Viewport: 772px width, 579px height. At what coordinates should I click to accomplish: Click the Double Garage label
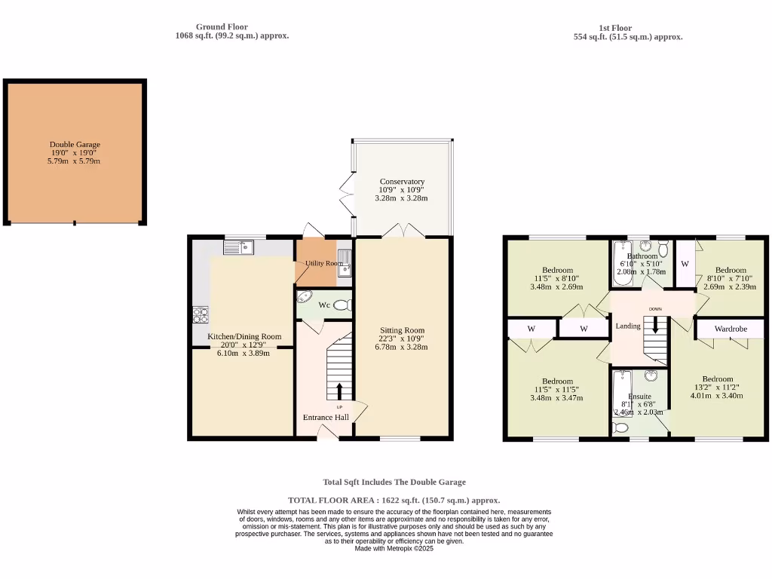point(75,144)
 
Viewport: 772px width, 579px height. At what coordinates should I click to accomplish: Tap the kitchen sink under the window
point(240,247)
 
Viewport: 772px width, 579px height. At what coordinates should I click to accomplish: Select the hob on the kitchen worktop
point(201,314)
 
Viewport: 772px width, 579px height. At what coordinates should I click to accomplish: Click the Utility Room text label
point(324,263)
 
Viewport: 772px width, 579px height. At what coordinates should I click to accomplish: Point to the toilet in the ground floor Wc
point(342,305)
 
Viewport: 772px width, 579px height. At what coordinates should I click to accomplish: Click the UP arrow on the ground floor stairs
point(339,391)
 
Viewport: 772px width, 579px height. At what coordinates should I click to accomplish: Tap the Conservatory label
point(402,182)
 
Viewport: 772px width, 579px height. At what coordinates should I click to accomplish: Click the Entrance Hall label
point(326,417)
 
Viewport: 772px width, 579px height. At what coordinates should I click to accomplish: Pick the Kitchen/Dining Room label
point(244,337)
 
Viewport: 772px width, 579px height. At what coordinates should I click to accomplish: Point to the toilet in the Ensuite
point(621,427)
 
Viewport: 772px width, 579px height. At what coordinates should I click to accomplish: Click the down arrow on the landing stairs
point(655,326)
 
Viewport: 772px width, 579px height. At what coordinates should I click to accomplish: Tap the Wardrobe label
point(731,329)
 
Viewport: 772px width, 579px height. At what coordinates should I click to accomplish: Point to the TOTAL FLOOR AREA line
point(394,500)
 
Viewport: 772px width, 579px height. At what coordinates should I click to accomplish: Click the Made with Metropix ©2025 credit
point(394,548)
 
